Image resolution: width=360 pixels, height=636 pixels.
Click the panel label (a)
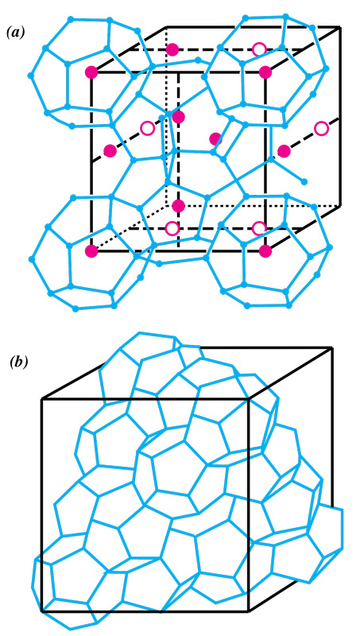tap(16, 33)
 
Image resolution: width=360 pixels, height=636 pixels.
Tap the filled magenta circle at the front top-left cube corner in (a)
tap(92, 72)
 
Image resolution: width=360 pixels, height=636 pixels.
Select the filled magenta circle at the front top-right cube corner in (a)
tap(265, 72)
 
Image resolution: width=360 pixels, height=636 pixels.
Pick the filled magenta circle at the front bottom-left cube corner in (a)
tap(91, 251)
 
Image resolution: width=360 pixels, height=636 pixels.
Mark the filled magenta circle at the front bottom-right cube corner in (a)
tap(265, 251)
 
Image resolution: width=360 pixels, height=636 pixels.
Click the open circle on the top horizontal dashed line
tap(259, 49)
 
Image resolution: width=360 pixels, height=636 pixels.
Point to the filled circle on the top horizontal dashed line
tap(172, 49)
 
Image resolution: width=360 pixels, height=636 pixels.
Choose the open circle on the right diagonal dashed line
tap(321, 129)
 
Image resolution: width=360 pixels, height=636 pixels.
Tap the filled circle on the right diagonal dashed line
tap(285, 151)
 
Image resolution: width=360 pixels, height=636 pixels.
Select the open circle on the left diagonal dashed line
tap(148, 129)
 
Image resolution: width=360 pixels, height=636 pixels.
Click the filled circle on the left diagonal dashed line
tap(110, 151)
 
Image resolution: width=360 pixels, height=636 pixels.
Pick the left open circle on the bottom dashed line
tap(172, 228)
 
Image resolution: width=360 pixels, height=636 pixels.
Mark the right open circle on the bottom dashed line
tap(259, 228)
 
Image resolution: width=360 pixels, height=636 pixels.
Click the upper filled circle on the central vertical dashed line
tap(178, 117)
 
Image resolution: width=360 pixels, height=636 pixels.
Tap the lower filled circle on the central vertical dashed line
tap(178, 206)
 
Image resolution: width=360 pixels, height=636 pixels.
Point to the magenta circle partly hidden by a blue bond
tap(215, 138)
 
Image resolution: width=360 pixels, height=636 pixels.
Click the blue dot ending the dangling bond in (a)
tap(304, 182)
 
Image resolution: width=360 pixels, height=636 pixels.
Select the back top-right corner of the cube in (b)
tap(332, 347)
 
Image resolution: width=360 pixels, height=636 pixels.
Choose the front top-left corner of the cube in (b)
tap(42, 400)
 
